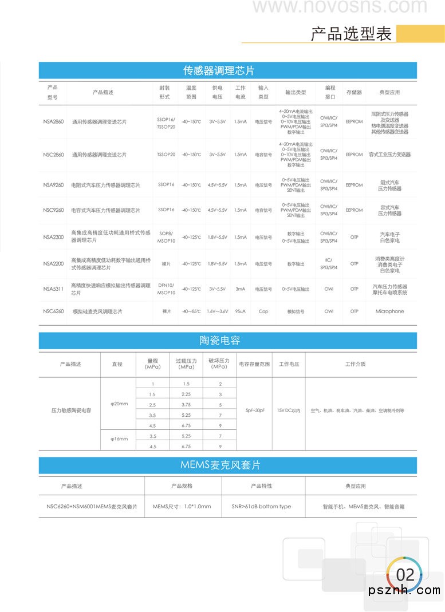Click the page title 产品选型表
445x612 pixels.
click(x=351, y=34)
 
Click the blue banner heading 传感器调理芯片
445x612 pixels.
click(x=219, y=70)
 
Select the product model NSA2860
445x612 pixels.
click(x=54, y=122)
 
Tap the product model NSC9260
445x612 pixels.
click(x=54, y=210)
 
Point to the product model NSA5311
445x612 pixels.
click(x=54, y=289)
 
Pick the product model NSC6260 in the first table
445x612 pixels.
click(x=54, y=311)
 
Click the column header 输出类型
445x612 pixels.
click(x=296, y=92)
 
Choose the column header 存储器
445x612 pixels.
click(x=354, y=92)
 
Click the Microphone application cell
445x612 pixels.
click(x=389, y=311)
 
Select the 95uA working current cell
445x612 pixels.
click(x=240, y=311)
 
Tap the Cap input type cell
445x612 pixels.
click(x=263, y=311)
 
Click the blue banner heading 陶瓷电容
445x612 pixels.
click(x=219, y=341)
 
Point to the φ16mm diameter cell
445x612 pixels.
click(x=119, y=439)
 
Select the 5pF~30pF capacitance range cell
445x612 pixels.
click(x=255, y=410)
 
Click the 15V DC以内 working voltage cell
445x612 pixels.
click(x=289, y=410)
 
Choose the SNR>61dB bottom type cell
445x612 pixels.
click(x=261, y=507)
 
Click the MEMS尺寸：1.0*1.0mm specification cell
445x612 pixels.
click(x=182, y=507)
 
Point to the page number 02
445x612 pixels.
click(x=405, y=574)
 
